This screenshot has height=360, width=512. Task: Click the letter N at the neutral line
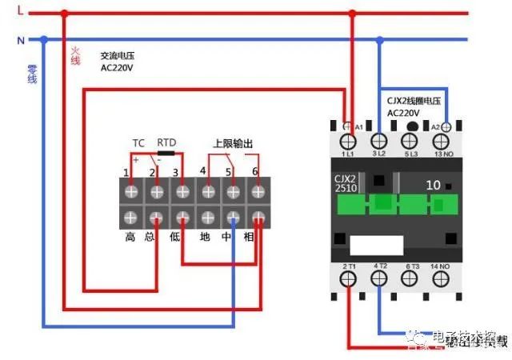[x=21, y=38]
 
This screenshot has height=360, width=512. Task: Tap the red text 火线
[x=75, y=55]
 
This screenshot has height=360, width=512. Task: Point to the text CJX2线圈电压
[x=414, y=101]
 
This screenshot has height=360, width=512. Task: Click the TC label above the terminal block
[x=138, y=142]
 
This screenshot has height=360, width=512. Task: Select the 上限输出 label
[x=233, y=143]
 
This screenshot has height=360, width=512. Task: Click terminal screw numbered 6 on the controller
[x=258, y=192]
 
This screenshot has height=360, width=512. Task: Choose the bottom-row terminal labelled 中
[x=233, y=218]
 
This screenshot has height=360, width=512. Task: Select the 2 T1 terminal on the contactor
[x=349, y=278]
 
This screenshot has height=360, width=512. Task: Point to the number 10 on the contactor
[x=433, y=185]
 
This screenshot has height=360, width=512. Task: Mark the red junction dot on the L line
[x=65, y=14]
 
